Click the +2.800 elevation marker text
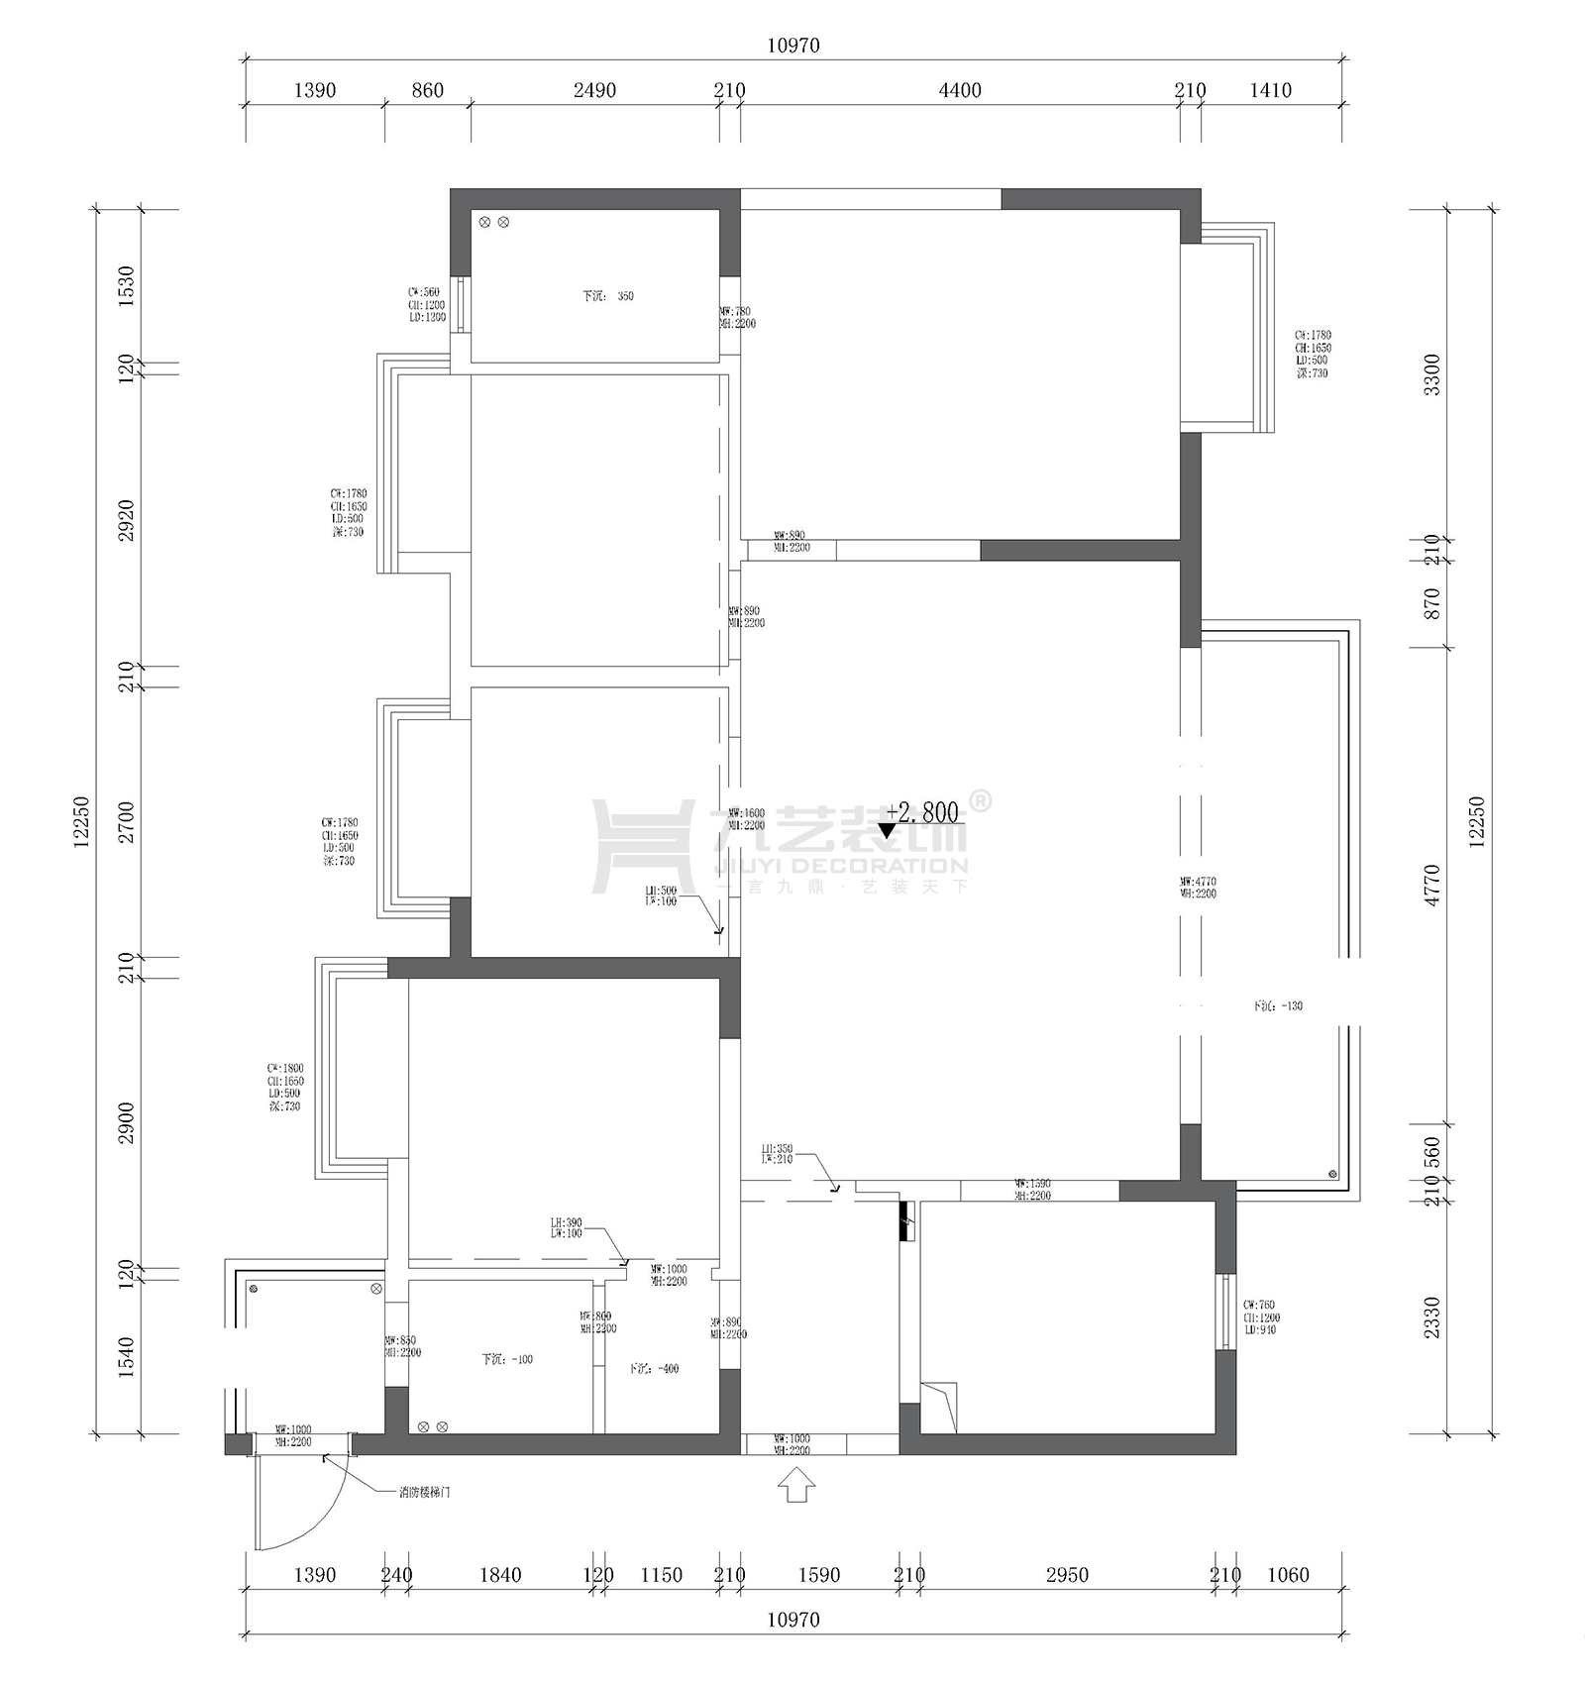coord(923,813)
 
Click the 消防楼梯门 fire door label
coord(424,1492)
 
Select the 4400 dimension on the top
coord(959,91)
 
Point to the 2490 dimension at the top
coord(594,91)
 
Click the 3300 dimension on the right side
coord(1431,374)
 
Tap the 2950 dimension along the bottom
coord(1066,1575)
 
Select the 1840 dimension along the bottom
coord(499,1575)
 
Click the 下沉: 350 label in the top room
coord(607,296)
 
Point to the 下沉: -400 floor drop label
coord(654,1369)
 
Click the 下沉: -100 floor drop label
coord(507,1359)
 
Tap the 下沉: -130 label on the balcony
coord(1278,1005)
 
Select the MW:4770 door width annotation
coord(1198,888)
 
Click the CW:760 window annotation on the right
coord(1260,1317)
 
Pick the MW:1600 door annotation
coord(747,819)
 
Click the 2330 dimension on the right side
coord(1431,1317)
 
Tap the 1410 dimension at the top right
coord(1270,91)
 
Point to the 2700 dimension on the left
coord(126,822)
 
